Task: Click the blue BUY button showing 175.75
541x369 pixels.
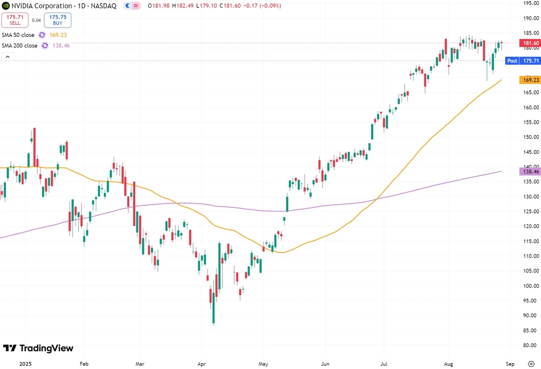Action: pos(57,21)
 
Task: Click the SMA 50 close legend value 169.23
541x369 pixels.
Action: pos(58,35)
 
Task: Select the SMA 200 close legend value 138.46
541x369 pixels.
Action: pos(61,46)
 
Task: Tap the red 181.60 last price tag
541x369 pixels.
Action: pos(529,43)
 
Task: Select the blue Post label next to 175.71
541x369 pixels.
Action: pos(512,61)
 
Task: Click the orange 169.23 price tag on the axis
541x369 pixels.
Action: pos(529,80)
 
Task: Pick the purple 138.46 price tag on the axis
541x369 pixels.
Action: pos(529,171)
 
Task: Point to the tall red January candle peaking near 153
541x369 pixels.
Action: pos(34,146)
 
